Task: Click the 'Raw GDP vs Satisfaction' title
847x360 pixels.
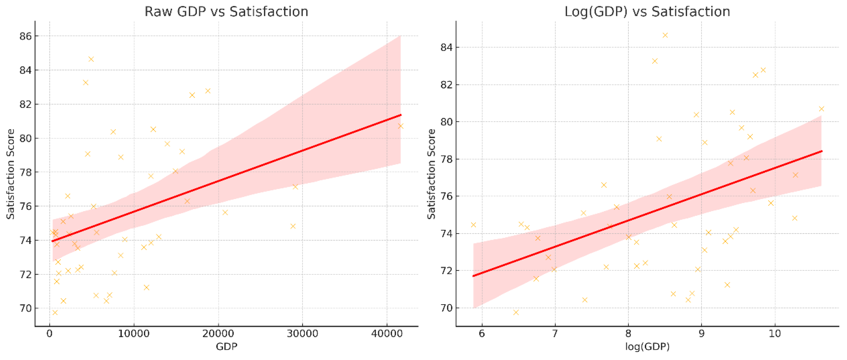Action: coord(226,12)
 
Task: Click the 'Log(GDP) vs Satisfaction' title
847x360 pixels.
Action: coord(647,12)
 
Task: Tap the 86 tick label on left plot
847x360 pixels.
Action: coord(25,36)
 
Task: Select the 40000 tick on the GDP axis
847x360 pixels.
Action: coord(387,334)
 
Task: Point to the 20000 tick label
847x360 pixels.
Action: coord(218,334)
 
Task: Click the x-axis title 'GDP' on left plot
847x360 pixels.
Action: coord(226,346)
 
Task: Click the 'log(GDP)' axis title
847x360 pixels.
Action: coord(647,346)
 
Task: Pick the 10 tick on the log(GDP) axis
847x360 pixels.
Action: coord(775,334)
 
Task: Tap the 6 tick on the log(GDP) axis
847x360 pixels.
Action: coord(482,334)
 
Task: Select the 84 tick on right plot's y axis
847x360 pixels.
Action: coord(446,48)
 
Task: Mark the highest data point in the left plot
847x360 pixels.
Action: coord(91,59)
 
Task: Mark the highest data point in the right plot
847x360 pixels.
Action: coord(665,35)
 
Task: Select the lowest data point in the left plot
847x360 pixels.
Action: coord(55,312)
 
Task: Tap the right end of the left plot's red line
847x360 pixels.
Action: coord(401,115)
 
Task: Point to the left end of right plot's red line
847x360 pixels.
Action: coord(473,276)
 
